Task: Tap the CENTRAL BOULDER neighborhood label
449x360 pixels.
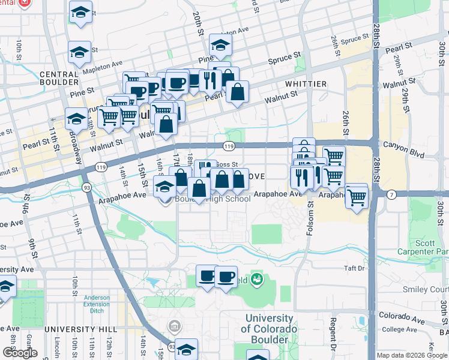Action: pyautogui.click(x=59, y=78)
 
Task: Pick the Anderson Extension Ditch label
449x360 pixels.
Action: pyautogui.click(x=97, y=304)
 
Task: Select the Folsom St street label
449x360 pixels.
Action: pyautogui.click(x=310, y=218)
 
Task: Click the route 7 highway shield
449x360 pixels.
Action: pyautogui.click(x=391, y=194)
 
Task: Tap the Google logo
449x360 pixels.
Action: pyautogui.click(x=20, y=353)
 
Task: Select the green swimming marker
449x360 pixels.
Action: pyautogui.click(x=257, y=279)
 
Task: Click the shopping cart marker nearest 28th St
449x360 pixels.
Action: pyautogui.click(x=357, y=196)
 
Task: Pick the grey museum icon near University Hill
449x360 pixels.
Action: pyautogui.click(x=174, y=326)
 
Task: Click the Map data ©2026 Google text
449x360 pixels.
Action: pyautogui.click(x=411, y=355)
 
